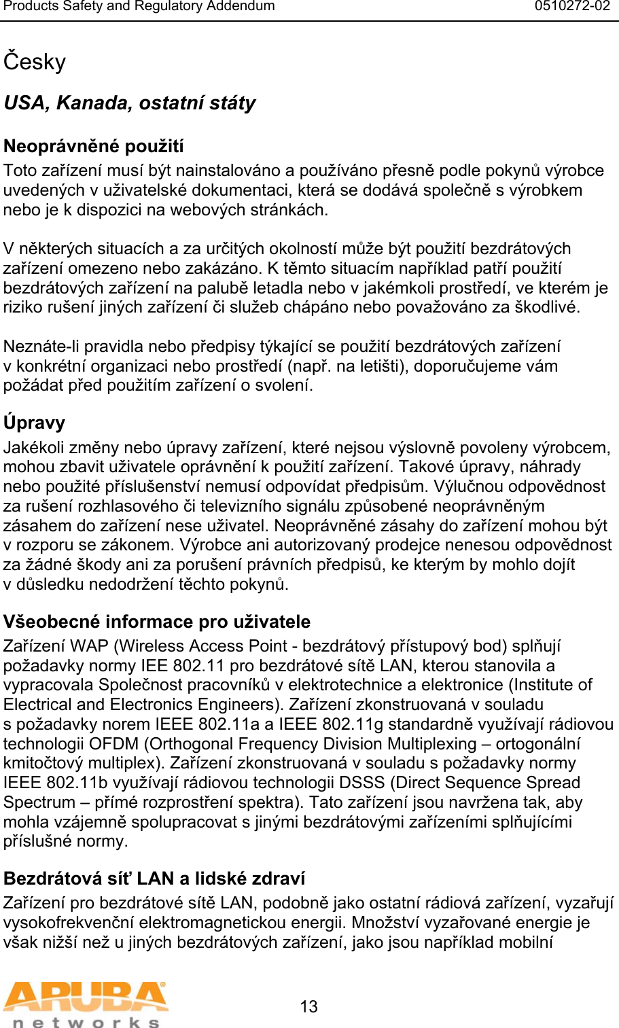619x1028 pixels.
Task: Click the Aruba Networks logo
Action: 85,1004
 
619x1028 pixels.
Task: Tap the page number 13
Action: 308,1006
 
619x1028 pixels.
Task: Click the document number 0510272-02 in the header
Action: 572,7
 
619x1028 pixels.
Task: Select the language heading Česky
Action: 35,62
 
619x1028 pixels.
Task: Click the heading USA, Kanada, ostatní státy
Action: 130,103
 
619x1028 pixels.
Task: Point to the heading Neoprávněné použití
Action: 94,146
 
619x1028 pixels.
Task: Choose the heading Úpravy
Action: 35,423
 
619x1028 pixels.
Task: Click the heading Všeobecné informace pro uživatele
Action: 157,622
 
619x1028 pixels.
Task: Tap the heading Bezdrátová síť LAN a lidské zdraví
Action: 154,879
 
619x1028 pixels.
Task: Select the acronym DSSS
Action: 361,783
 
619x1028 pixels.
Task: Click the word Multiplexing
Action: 432,744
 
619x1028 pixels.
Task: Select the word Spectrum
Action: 39,802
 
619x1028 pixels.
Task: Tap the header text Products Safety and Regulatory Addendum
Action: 139,7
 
